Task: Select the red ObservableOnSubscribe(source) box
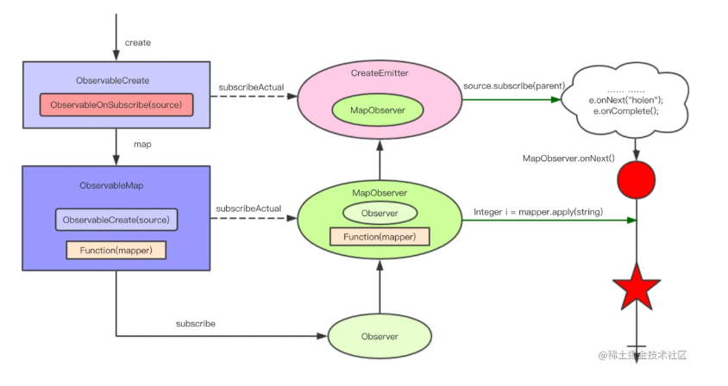116,104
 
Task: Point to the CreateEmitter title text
379,74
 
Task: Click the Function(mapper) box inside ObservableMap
116,250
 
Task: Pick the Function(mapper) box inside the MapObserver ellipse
380,236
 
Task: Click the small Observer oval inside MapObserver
380,212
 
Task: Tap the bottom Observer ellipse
379,337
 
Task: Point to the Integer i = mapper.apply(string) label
537,212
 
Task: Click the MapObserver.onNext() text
568,158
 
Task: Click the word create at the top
139,42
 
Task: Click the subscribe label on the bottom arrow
195,324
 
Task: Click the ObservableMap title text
116,184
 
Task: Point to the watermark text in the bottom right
648,355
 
